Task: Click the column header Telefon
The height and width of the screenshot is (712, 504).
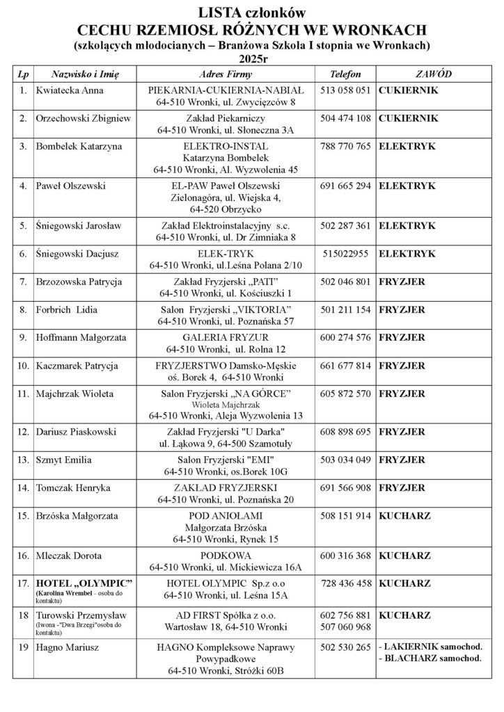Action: tap(346, 73)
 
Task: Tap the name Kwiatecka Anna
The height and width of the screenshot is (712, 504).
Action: tap(70, 90)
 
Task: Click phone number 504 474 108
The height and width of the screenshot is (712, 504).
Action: tap(346, 118)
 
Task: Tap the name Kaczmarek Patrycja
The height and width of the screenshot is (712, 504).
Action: tap(77, 365)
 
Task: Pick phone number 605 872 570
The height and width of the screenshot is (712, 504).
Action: tap(346, 394)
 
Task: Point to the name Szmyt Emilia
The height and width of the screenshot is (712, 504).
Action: tap(63, 460)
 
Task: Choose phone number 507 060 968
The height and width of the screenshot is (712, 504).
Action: tap(346, 627)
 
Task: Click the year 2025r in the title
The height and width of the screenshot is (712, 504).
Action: tap(251, 58)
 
